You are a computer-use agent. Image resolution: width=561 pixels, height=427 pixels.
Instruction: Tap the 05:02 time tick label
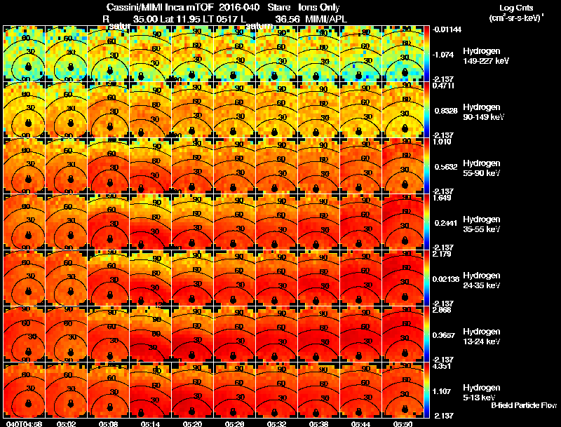click(x=67, y=423)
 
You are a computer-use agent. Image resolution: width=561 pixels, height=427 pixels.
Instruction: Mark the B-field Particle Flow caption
click(x=523, y=405)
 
